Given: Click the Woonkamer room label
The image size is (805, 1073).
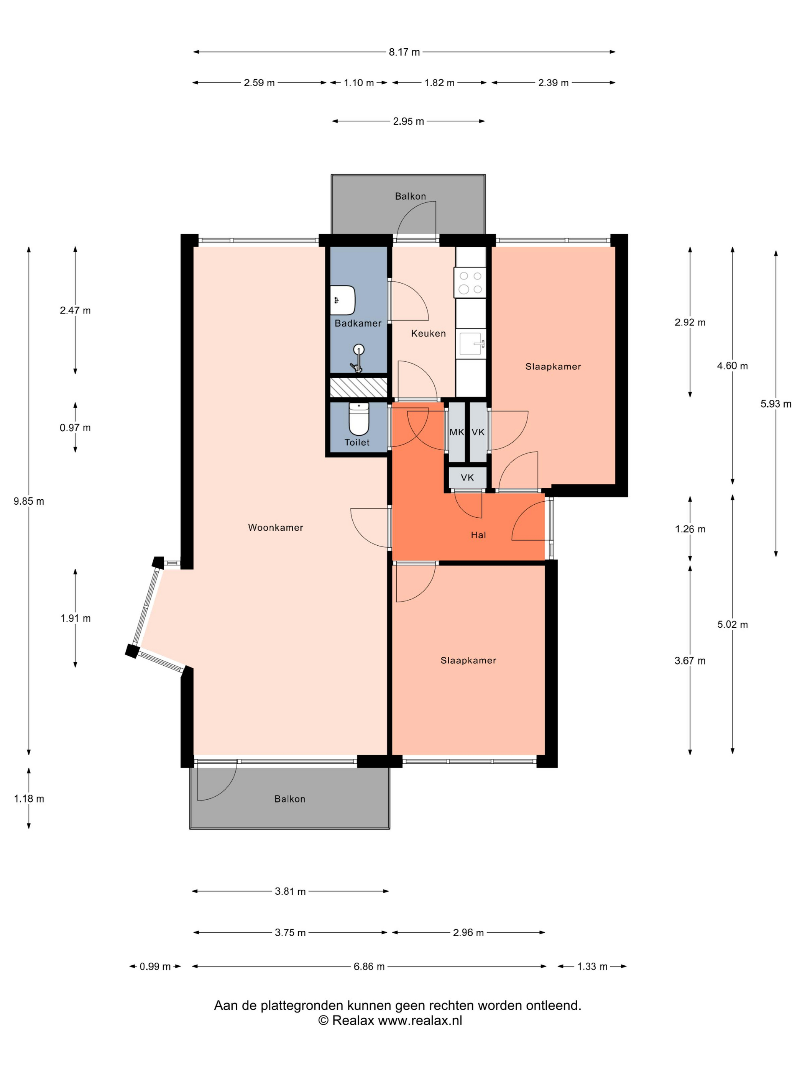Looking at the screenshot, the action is point(275,527).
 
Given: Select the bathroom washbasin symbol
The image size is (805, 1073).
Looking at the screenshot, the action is point(343,300).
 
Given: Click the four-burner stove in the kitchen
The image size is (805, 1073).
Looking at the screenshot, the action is point(470,282).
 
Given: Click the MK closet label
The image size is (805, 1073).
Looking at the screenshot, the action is point(456,432).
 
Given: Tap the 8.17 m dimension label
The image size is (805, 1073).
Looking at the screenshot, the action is point(404,52).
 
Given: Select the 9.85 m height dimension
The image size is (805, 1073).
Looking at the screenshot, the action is point(29,501).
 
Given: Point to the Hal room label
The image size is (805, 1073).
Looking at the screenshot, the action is point(478,535).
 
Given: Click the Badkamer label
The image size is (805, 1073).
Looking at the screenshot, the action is point(358,323).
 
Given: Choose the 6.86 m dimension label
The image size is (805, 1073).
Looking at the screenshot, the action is point(369,966).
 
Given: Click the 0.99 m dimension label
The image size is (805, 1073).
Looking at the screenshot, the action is point(155,966).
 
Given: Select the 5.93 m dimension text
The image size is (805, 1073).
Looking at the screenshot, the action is point(775,404).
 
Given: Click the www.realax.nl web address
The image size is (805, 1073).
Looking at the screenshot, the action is point(420,1020).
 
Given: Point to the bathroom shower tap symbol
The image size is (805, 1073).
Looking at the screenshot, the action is point(358,358).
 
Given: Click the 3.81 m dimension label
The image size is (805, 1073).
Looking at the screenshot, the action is point(290,891).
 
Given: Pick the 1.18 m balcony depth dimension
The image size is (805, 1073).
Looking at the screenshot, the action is point(29,799).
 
